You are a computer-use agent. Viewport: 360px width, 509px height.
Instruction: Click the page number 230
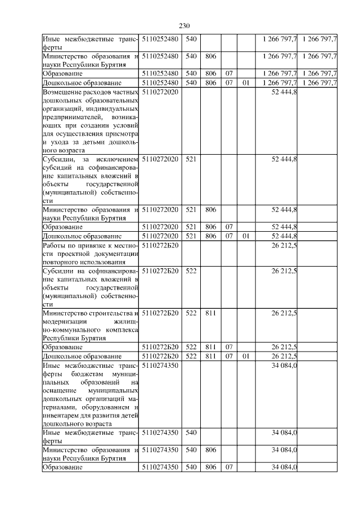(x=185, y=25)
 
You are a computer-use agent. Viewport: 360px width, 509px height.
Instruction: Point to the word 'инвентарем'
(x=61, y=415)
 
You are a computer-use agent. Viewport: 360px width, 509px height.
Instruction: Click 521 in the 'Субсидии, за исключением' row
(x=191, y=159)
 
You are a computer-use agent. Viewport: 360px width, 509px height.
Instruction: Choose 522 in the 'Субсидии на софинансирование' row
(x=191, y=271)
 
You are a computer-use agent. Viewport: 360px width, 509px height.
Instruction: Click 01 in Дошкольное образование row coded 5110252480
(x=245, y=83)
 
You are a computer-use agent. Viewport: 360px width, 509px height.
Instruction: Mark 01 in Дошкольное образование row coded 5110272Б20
(x=245, y=357)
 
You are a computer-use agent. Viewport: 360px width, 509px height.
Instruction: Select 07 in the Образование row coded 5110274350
(x=228, y=467)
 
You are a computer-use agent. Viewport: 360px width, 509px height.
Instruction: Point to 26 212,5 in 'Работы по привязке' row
(x=284, y=246)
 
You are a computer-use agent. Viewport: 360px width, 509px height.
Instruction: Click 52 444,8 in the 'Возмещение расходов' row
(x=284, y=92)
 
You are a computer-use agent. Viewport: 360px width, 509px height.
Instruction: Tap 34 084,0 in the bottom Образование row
(x=284, y=467)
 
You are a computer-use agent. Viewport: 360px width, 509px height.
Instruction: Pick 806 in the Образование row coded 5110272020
(x=210, y=227)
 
